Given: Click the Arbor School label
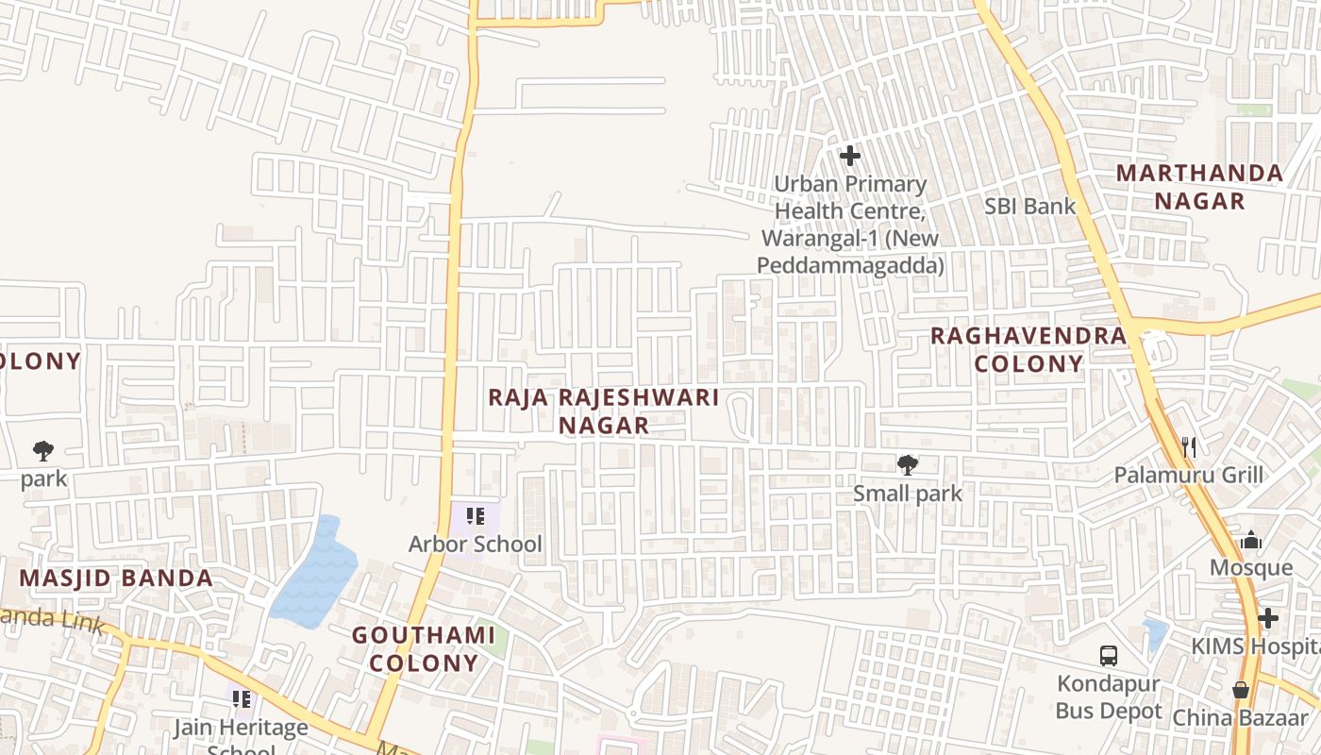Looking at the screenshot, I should pyautogui.click(x=475, y=545).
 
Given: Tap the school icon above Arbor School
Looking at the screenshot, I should pyautogui.click(x=476, y=516).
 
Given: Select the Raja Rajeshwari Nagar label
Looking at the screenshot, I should pyautogui.click(x=603, y=411).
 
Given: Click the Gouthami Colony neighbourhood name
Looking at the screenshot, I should pyautogui.click(x=424, y=648).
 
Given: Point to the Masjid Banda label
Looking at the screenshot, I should pyautogui.click(x=116, y=578).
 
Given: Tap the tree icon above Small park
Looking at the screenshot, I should pyautogui.click(x=908, y=464).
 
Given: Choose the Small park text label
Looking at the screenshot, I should pyautogui.click(x=908, y=493).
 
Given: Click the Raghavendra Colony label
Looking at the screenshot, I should pyautogui.click(x=1028, y=349).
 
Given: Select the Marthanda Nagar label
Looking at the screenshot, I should pyautogui.click(x=1199, y=187).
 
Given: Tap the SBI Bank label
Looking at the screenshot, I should pyautogui.click(x=1029, y=206).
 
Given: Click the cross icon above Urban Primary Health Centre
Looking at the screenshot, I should pyautogui.click(x=850, y=155).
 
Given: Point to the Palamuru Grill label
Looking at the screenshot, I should pyautogui.click(x=1188, y=474).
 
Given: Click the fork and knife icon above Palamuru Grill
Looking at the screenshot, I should pyautogui.click(x=1189, y=446).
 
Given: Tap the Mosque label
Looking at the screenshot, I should pyautogui.click(x=1251, y=567).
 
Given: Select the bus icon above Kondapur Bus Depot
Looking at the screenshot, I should pyautogui.click(x=1109, y=655).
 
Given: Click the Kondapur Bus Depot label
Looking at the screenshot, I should pyautogui.click(x=1109, y=696).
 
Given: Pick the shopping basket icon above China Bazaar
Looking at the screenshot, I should pyautogui.click(x=1241, y=691).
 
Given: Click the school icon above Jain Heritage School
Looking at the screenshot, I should pyautogui.click(x=242, y=699).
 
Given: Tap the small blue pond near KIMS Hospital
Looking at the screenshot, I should pyautogui.click(x=1154, y=634).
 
